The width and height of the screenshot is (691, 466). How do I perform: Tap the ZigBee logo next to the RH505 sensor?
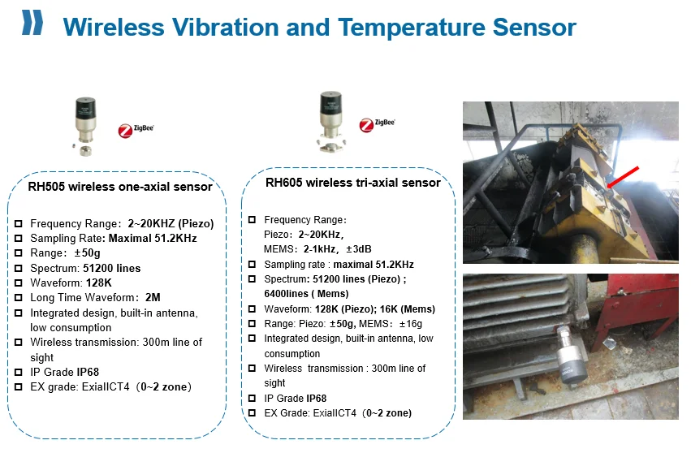(x=136, y=130)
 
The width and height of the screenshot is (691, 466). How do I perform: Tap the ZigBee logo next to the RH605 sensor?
(x=376, y=124)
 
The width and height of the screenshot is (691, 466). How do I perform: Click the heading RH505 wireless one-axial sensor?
(x=120, y=187)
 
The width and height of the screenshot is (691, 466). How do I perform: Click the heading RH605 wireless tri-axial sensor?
(x=353, y=183)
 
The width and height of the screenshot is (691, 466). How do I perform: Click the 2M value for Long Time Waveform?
(x=153, y=297)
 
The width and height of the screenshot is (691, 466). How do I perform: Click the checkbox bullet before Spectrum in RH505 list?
(x=19, y=268)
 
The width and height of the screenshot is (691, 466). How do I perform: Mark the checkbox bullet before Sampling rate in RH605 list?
(x=253, y=265)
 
